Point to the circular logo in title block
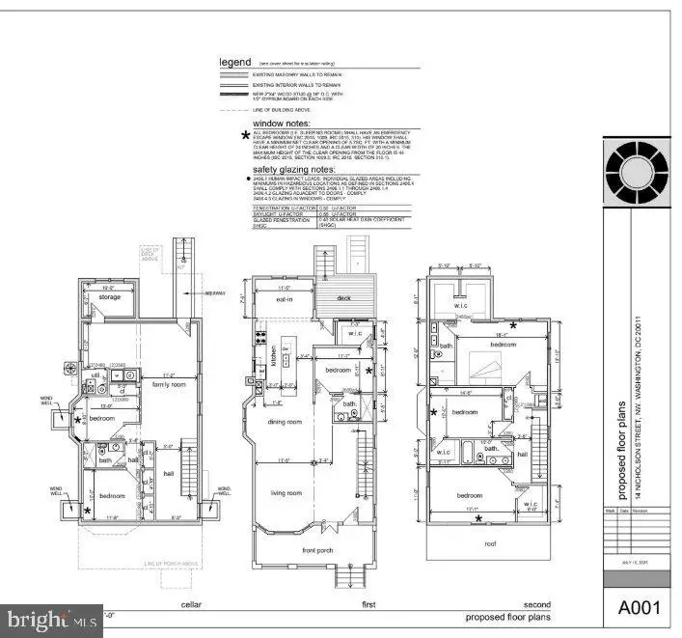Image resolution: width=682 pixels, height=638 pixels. (635, 175)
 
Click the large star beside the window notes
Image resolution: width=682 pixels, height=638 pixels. (245, 135)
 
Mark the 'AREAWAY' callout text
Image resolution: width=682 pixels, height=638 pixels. (214, 292)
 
